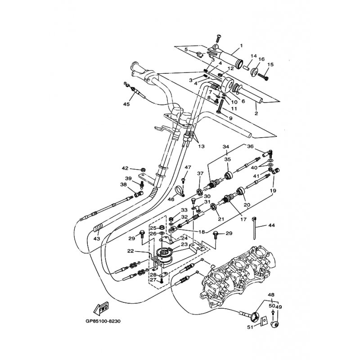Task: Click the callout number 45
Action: [x=126, y=104]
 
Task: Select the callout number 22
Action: [x=130, y=251]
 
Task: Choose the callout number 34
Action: [x=226, y=147]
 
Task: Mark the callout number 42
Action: [x=125, y=168]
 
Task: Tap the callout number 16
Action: [x=261, y=59]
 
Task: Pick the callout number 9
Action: [x=230, y=118]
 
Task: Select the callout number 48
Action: [x=271, y=295]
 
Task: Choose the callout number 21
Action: [x=220, y=219]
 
